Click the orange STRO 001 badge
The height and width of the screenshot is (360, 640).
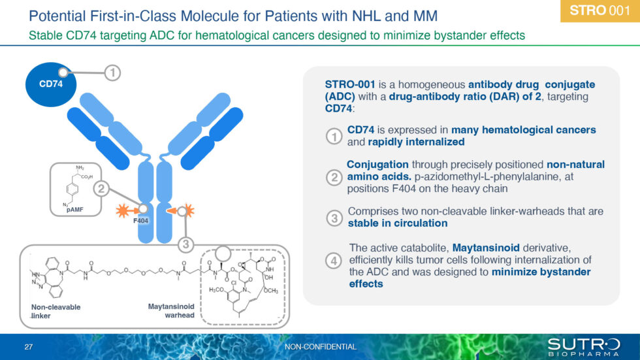point(600,10)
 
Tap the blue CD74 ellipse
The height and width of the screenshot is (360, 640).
point(50,84)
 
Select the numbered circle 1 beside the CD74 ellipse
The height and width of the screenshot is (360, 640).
point(112,74)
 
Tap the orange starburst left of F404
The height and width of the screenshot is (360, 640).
point(122,211)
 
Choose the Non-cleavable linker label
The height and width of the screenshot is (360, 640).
point(56,311)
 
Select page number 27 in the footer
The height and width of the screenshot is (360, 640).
point(28,346)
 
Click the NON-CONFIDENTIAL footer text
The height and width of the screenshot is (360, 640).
point(321,346)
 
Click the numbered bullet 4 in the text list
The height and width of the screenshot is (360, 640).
point(334,260)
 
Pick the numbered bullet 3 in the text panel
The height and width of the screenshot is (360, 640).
point(334,218)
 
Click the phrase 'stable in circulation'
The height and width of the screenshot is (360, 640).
point(397,223)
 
